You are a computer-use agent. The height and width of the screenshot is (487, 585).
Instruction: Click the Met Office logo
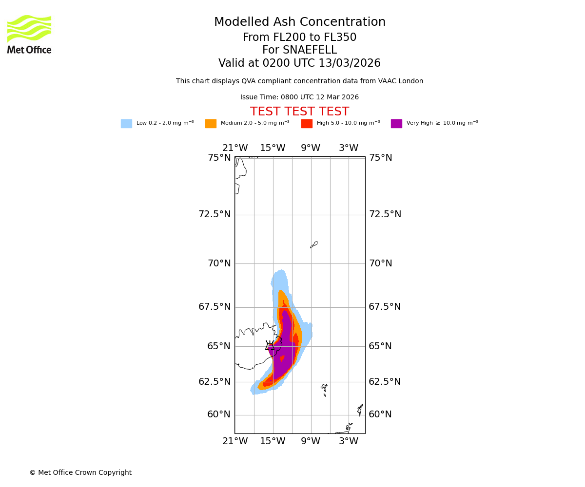tap(29, 35)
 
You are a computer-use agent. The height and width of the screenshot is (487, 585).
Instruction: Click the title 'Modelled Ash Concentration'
tap(300, 22)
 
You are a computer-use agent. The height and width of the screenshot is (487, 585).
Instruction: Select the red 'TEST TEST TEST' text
tap(299, 112)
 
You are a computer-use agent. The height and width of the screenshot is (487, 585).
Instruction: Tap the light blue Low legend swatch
tap(126, 124)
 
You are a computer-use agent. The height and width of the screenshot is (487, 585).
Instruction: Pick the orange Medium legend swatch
tap(211, 124)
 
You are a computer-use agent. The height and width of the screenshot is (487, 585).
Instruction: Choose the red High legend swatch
tap(307, 124)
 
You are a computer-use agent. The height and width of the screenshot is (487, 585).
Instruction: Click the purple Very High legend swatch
tap(396, 124)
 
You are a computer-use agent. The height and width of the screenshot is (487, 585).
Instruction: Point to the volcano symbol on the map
tap(270, 346)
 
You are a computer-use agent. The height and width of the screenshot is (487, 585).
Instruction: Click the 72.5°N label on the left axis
tap(214, 214)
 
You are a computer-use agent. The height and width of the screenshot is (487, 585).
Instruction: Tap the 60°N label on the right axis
tap(380, 414)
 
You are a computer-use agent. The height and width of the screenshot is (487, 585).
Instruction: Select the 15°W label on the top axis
tap(273, 148)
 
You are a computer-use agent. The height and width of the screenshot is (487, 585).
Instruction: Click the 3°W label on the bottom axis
tap(349, 441)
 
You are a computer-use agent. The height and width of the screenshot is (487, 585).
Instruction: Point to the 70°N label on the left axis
tap(219, 263)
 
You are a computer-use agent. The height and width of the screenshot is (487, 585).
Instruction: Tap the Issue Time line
tap(299, 97)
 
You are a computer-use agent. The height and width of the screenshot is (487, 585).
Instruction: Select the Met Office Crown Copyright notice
tap(80, 473)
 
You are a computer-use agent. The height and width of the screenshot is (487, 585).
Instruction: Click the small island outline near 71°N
tap(314, 244)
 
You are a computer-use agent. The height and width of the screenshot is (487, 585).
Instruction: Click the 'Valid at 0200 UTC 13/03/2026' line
tap(299, 63)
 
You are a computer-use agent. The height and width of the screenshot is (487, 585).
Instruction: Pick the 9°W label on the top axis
tap(311, 148)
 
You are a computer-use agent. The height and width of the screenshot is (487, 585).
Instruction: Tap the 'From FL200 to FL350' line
tap(299, 37)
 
